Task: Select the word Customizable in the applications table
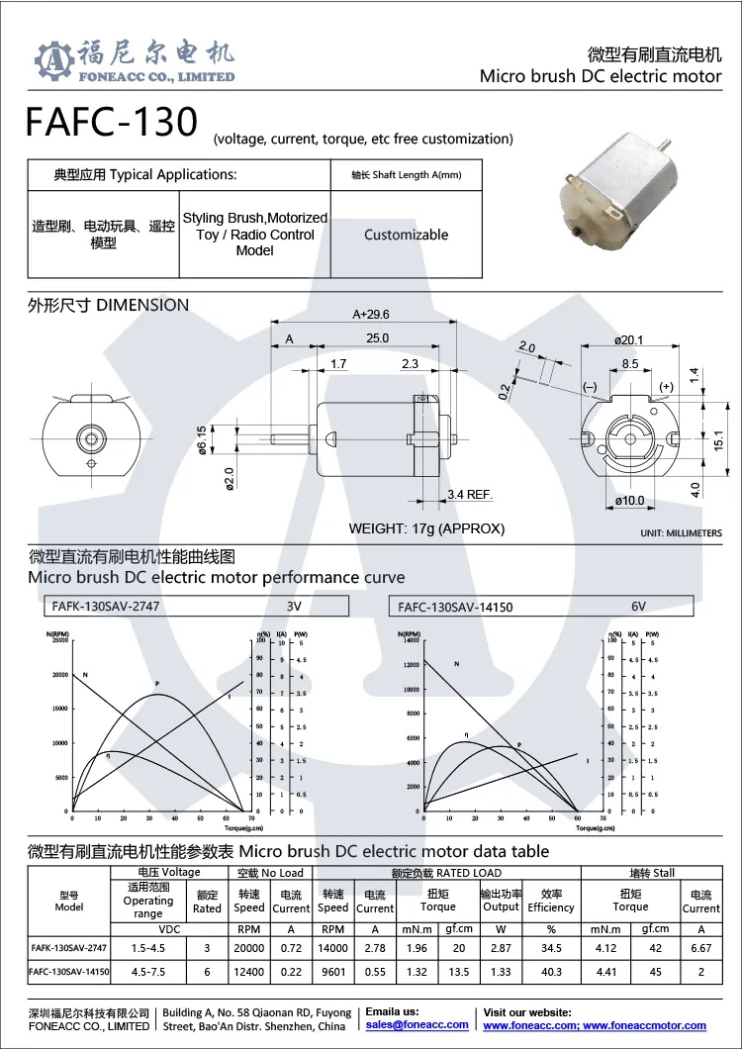(x=406, y=235)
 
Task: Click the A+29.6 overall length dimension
(x=371, y=314)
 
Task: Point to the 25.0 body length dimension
(x=377, y=338)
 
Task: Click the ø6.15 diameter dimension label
(x=203, y=437)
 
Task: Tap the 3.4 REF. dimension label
(x=470, y=494)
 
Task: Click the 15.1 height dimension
(x=721, y=436)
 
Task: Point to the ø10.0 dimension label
(x=630, y=501)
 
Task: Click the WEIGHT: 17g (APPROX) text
(x=426, y=528)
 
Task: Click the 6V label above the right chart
(x=638, y=607)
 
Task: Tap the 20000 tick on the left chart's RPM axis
(x=57, y=675)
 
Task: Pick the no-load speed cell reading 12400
(x=248, y=972)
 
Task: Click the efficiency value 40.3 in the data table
(x=550, y=972)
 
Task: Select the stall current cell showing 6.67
(x=700, y=948)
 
